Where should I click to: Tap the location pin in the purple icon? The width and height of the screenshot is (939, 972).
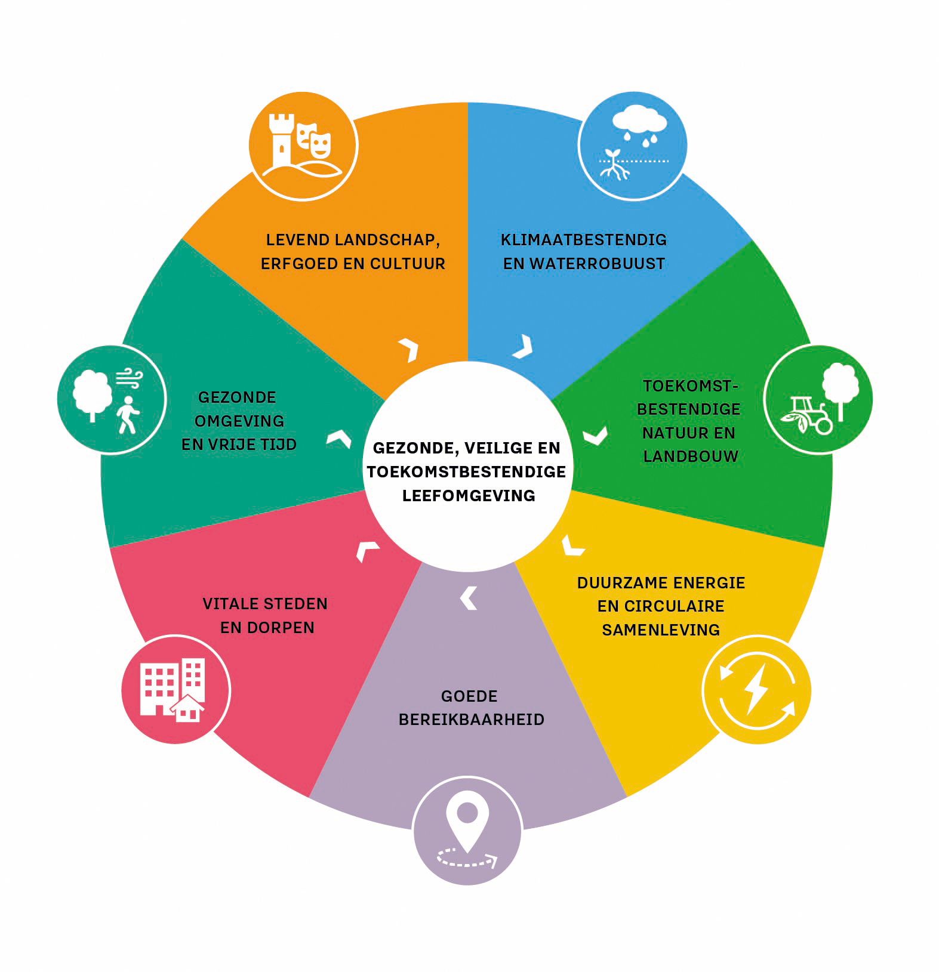point(467,818)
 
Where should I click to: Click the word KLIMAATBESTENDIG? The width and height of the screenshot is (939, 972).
point(583,240)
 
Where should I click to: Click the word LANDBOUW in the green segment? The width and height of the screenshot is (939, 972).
point(691,456)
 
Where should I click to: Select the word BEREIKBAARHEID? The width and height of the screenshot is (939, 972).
point(471,720)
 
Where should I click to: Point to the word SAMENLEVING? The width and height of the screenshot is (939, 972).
point(660,630)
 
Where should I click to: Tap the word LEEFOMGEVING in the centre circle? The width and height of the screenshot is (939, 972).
point(469,496)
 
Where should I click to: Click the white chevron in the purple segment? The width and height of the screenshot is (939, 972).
point(469,598)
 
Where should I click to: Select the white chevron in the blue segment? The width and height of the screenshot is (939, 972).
point(523,347)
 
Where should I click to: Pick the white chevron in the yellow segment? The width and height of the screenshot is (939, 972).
point(572,546)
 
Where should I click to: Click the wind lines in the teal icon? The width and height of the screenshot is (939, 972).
point(130,378)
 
